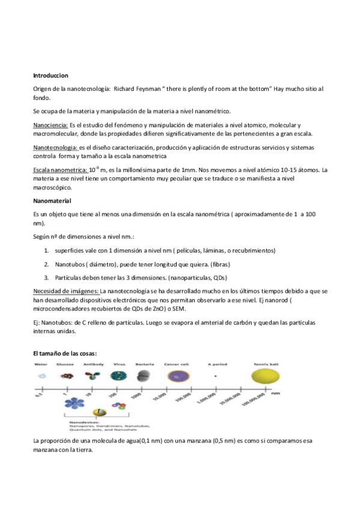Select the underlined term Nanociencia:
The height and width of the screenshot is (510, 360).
(x=50, y=124)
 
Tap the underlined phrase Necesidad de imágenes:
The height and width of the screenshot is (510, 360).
(x=66, y=291)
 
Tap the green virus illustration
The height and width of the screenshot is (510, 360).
(x=118, y=376)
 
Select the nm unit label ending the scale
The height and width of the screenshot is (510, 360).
(x=292, y=394)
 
